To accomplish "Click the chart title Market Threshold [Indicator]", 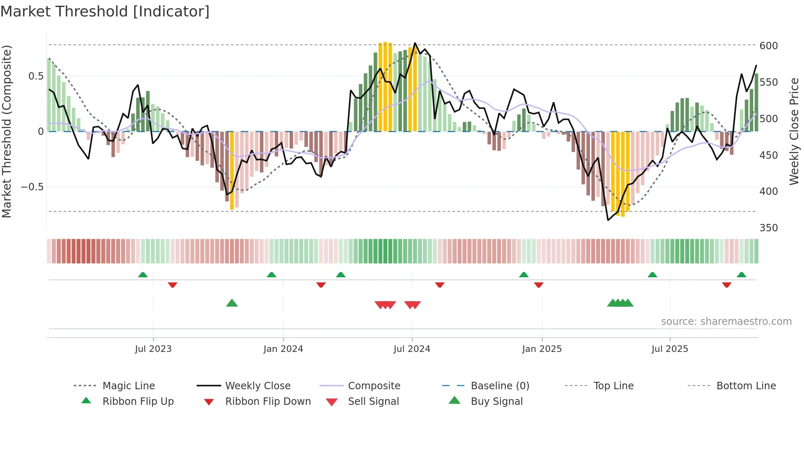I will click(105, 11).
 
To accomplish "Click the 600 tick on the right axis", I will click(768, 46).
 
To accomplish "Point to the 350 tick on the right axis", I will click(768, 228).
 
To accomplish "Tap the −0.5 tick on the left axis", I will click(32, 187).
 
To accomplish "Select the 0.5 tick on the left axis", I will click(36, 76).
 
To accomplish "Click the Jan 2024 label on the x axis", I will click(283, 349).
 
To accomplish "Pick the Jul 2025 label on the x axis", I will click(669, 349).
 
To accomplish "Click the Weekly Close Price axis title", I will click(794, 131).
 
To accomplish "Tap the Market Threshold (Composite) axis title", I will click(7, 131).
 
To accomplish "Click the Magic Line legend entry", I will click(128, 386).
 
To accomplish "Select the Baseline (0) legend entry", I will click(500, 386).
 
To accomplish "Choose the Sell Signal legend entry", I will click(373, 402).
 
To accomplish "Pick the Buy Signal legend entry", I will click(496, 402).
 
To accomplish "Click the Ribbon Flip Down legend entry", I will click(267, 402).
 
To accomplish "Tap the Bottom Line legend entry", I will click(746, 386).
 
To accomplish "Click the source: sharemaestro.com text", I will click(726, 322).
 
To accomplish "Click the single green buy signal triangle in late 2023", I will click(232, 303).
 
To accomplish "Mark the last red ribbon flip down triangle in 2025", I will click(726, 285).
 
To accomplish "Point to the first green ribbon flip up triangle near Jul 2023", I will click(143, 275).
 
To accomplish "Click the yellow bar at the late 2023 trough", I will click(232, 170).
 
